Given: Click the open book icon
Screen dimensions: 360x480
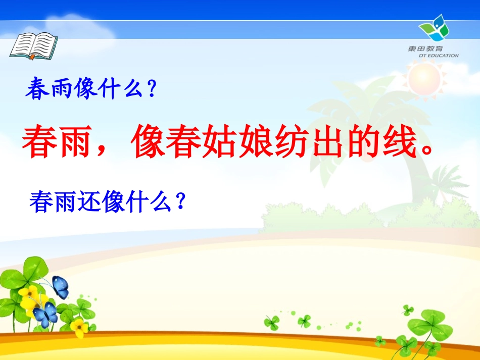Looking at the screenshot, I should [33, 44].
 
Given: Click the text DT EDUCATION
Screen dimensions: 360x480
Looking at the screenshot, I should [438, 56].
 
